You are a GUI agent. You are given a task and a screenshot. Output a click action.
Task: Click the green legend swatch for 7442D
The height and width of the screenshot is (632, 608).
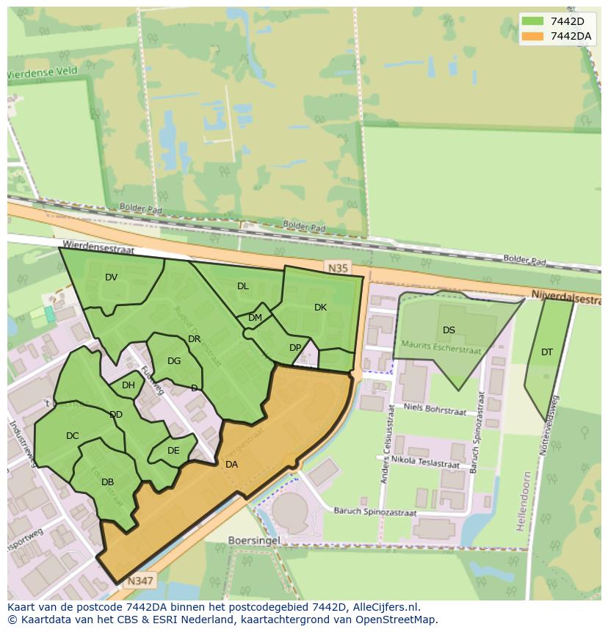coord(533,21)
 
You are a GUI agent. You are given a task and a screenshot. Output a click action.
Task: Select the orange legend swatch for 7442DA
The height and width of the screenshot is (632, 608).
coord(533,36)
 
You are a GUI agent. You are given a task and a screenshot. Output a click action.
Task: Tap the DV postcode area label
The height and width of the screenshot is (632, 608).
coord(112,277)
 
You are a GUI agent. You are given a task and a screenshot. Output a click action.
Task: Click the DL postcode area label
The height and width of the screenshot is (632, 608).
coord(243,286)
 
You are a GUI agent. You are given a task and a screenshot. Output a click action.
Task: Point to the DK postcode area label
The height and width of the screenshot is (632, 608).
coord(320,308)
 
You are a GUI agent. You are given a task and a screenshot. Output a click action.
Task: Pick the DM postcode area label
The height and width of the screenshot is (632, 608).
coord(255,318)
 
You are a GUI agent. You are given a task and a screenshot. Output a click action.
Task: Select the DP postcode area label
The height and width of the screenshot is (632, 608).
coord(295,348)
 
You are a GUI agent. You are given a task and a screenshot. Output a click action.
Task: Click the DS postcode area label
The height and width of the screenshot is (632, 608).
coord(449,330)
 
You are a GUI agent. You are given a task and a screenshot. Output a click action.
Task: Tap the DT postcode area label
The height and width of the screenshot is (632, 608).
coord(547,352)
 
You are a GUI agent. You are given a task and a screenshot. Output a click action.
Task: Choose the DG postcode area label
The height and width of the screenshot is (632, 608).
coord(174,361)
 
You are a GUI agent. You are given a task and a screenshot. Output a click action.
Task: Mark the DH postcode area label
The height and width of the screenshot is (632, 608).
coord(129,385)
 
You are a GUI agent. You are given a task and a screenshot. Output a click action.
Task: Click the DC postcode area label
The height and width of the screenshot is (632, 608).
coord(72,436)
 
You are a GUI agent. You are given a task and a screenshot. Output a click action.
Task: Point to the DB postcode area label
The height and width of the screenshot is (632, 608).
coord(107,482)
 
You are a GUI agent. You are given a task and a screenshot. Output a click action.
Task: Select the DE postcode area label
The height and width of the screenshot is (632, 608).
coord(173,451)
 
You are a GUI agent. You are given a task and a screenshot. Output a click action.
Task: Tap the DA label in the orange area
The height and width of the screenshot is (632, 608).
coord(231,464)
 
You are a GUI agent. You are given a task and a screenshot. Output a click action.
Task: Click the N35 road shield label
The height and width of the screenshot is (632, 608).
coord(338,269)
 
